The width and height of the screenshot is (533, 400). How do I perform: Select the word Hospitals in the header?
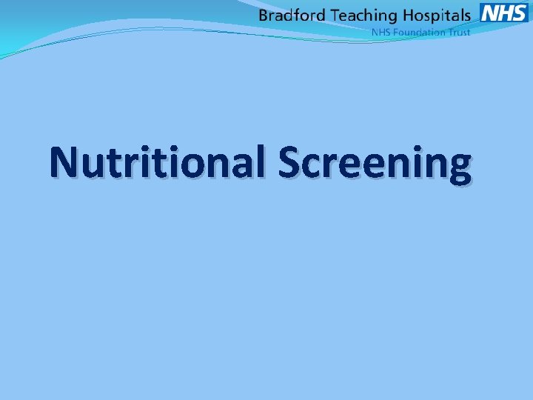tap(436, 16)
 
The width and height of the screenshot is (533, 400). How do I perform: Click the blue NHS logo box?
tap(504, 13)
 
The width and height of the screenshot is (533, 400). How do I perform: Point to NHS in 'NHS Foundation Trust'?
tap(380, 33)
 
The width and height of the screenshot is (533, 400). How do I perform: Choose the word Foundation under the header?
tap(418, 33)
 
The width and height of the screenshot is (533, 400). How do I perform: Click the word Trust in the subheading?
tap(458, 33)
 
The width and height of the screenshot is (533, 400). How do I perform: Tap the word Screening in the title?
tap(375, 162)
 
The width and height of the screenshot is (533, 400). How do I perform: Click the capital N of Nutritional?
tap(67, 161)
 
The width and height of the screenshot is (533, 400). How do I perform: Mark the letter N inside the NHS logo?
tap(489, 13)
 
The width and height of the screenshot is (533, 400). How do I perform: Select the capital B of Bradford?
tap(264, 15)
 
